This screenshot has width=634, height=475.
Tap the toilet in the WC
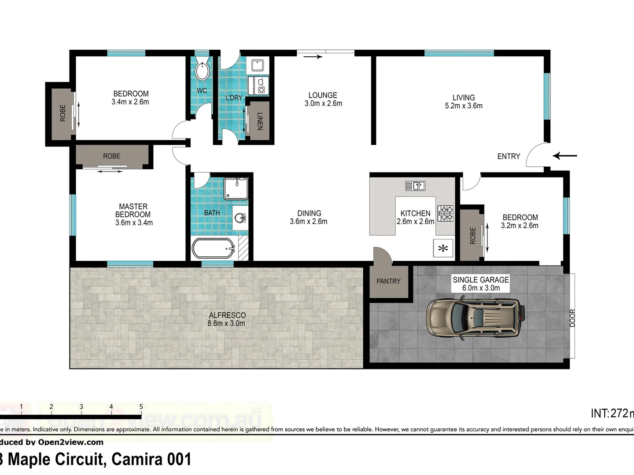pos(202,70)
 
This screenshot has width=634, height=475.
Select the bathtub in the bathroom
pos(214,249)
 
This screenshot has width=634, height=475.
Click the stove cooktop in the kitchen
pos(445,213)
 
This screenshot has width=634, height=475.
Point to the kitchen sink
pos(415,186)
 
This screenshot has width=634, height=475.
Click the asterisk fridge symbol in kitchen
pos(443,248)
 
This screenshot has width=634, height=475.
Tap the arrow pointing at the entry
pos(565,156)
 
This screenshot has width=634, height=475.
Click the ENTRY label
pos(509,156)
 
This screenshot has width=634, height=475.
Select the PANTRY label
pos(388,281)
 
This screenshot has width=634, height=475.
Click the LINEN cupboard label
pos(259,121)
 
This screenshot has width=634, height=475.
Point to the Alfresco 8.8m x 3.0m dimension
pos(226,323)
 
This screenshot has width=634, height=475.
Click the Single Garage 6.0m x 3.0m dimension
pos(481,288)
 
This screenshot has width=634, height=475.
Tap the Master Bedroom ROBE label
pos(111,156)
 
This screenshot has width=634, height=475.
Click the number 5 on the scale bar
pos(141,407)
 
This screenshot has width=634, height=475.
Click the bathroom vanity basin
pos(240,218)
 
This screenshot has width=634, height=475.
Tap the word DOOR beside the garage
pos(572,318)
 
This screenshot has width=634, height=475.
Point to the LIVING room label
pos(464,98)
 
